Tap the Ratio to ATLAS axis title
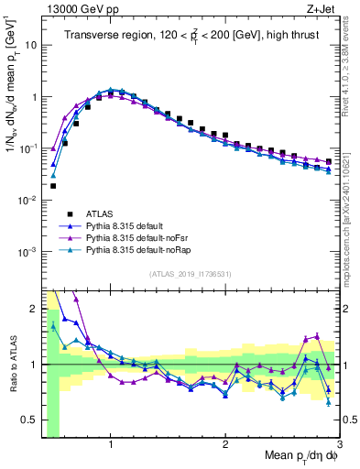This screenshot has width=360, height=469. [x=12, y=365]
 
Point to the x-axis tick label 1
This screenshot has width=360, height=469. [x=112, y=446]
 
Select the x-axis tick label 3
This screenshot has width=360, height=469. [x=339, y=446]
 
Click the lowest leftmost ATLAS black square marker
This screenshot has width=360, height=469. [x=53, y=186]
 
